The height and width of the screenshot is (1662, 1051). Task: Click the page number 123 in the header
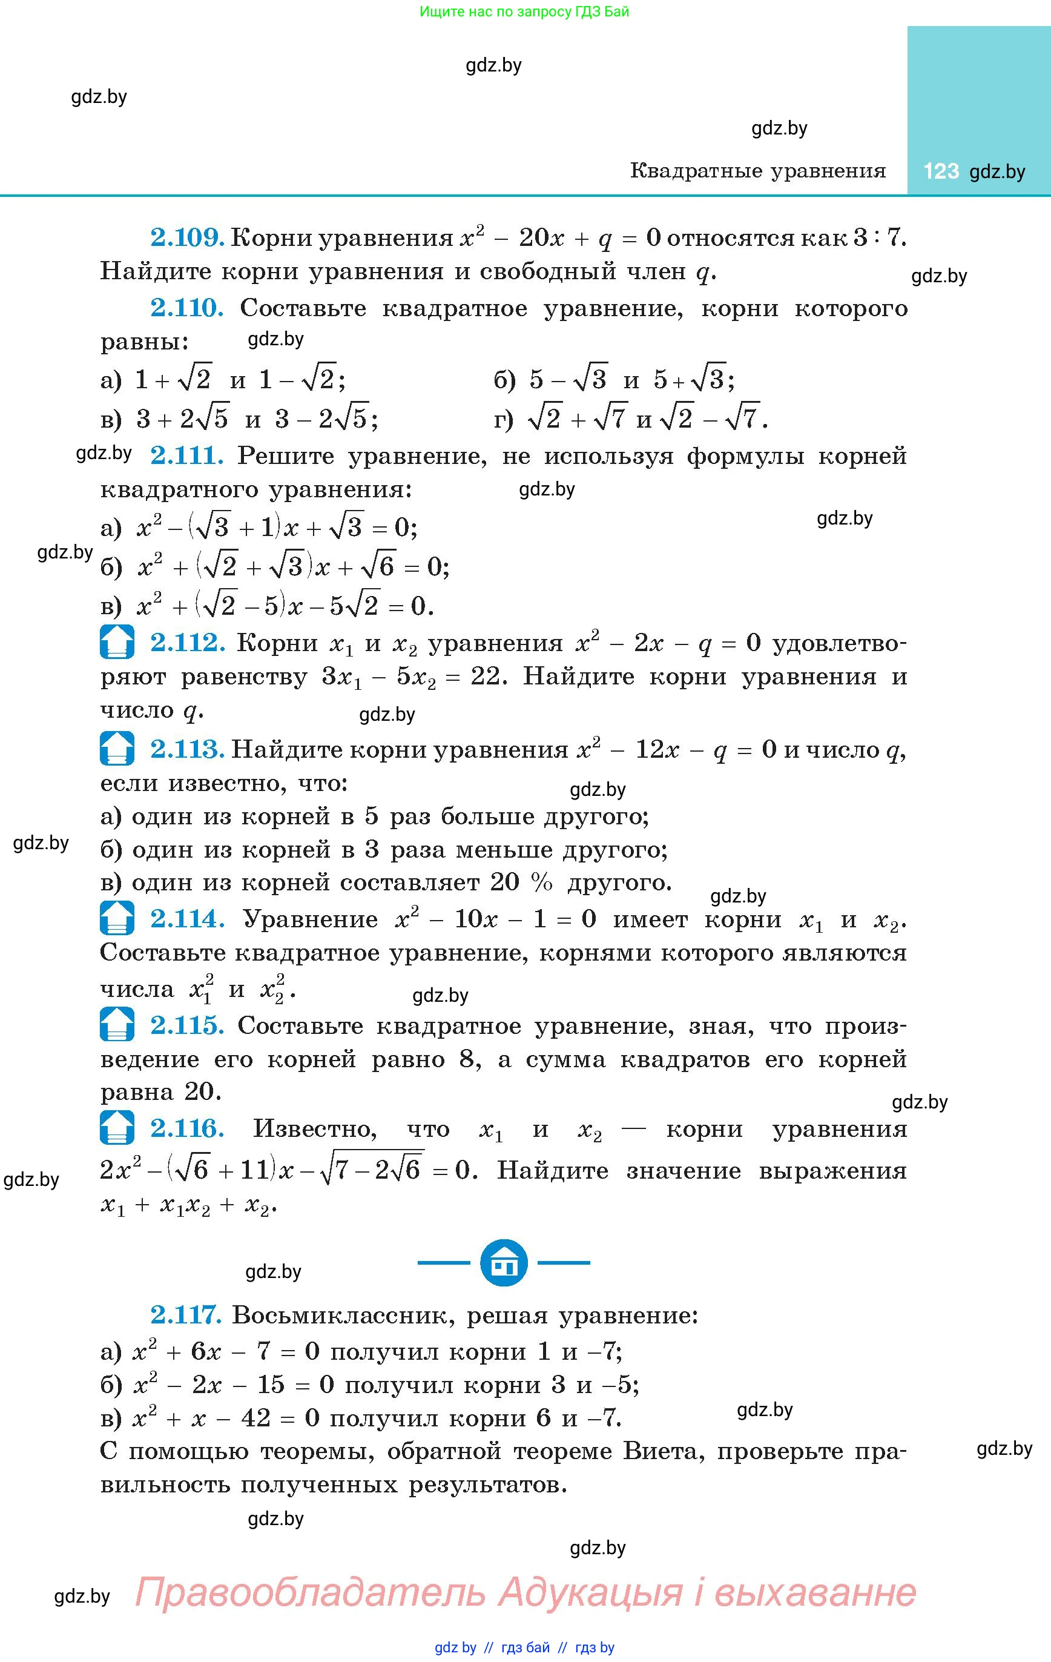point(941,171)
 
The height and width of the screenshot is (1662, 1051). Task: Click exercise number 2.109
point(187,237)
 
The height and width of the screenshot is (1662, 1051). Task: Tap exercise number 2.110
point(187,308)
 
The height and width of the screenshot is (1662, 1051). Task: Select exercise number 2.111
point(186,455)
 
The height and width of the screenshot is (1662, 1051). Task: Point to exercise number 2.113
point(187,750)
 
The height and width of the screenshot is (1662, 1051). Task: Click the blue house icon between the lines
point(504,1262)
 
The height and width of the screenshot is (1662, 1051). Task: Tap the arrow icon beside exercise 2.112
point(117,642)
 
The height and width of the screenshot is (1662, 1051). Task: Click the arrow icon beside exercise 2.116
point(117,1128)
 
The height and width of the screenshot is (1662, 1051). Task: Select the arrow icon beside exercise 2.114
point(117,918)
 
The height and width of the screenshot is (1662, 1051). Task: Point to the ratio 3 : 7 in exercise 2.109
point(878,237)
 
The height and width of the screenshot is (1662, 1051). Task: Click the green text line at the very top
point(524,12)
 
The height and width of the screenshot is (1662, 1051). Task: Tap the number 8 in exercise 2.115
point(467,1059)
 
